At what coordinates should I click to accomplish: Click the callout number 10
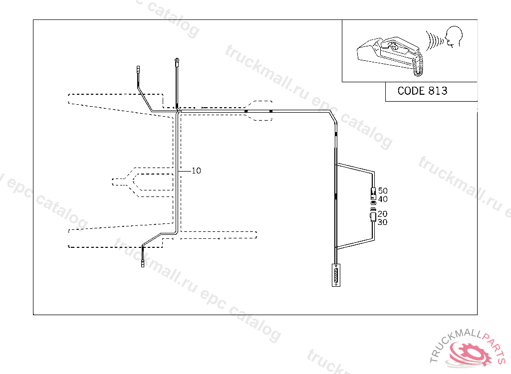tap(196, 171)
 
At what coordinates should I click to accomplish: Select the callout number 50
tap(383, 190)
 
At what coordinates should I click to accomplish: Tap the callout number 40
tap(383, 199)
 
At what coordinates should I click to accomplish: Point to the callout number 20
tap(383, 214)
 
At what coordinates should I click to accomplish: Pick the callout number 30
tap(383, 222)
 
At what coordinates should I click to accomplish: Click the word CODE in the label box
tap(411, 91)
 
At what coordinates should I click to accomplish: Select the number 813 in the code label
tap(437, 91)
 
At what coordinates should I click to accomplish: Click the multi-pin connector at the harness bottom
tap(336, 275)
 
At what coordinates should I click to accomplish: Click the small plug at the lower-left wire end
tap(143, 263)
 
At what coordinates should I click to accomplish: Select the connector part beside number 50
tap(373, 191)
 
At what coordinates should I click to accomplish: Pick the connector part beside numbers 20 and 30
tap(373, 217)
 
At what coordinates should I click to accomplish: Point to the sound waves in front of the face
tap(434, 40)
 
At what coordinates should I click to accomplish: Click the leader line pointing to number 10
tap(185, 171)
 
